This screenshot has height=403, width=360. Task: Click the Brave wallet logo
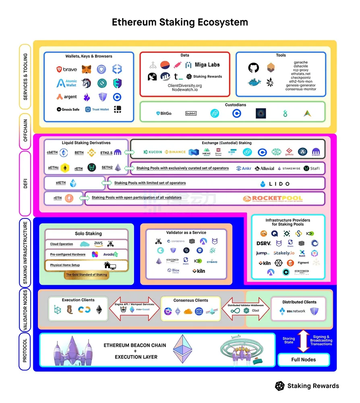(x=67, y=69)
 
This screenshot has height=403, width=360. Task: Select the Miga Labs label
(x=207, y=65)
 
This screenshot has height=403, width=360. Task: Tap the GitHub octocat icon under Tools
(x=253, y=68)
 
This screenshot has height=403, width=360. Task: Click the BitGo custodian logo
(x=164, y=114)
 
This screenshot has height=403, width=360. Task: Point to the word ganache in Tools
(x=300, y=62)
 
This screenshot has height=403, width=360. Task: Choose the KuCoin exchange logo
(x=153, y=152)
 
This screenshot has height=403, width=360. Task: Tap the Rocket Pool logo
(x=273, y=199)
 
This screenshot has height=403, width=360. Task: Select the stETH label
(x=61, y=183)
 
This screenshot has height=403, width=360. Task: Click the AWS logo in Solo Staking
(x=99, y=243)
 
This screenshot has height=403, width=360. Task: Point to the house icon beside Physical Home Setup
(x=110, y=265)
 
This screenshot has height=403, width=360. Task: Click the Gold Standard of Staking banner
(x=87, y=274)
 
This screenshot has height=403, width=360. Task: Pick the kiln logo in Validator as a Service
(x=199, y=271)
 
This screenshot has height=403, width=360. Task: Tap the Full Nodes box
(x=304, y=359)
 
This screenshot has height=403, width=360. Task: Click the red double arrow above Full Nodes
(x=304, y=341)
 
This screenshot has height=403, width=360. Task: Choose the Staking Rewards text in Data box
(x=207, y=77)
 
